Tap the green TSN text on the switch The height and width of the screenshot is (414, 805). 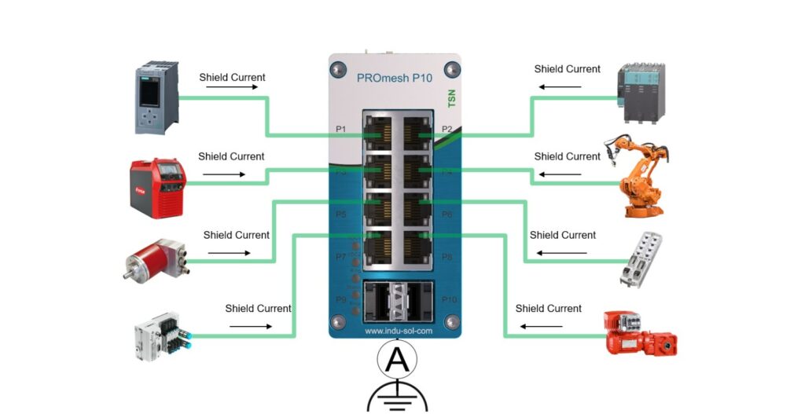point(450,101)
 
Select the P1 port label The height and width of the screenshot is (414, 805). point(341,129)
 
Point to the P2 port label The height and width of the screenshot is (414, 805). point(447,129)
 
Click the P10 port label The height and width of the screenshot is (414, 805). point(449,299)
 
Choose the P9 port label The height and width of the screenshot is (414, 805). point(341,299)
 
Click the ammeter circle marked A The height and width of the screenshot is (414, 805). point(398,360)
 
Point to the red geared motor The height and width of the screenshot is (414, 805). point(638,333)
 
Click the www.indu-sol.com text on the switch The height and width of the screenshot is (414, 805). point(399,331)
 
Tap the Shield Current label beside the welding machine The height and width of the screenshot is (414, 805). point(231,156)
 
